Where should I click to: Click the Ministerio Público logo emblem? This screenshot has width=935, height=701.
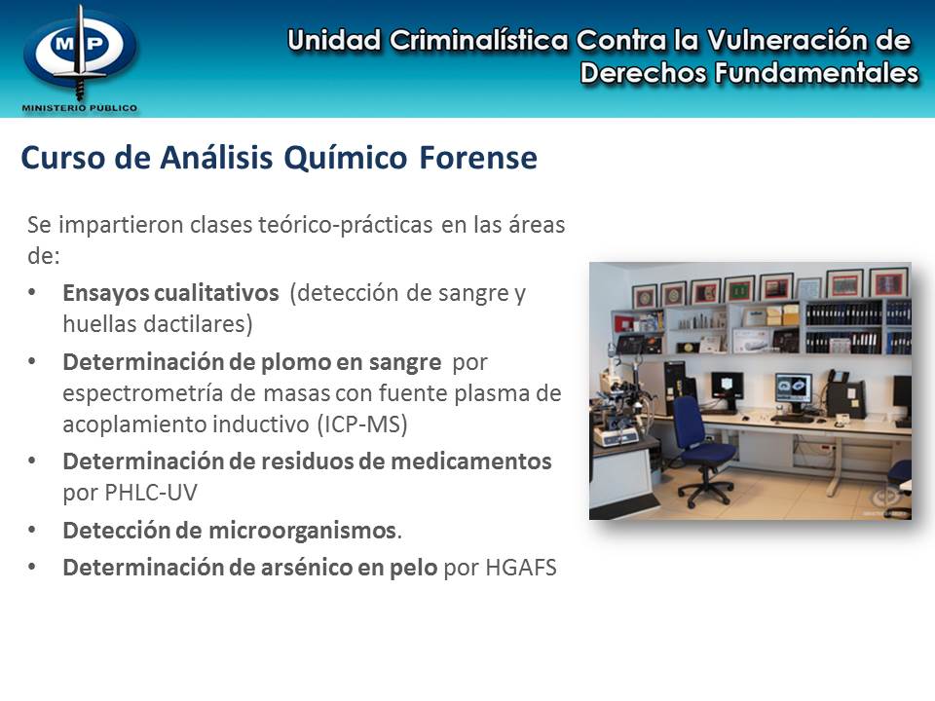click(x=80, y=52)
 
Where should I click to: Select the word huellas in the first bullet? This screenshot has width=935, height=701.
click(x=93, y=322)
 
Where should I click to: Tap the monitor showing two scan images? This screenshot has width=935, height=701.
click(x=794, y=388)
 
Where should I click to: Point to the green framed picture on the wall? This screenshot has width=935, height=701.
click(x=738, y=288)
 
